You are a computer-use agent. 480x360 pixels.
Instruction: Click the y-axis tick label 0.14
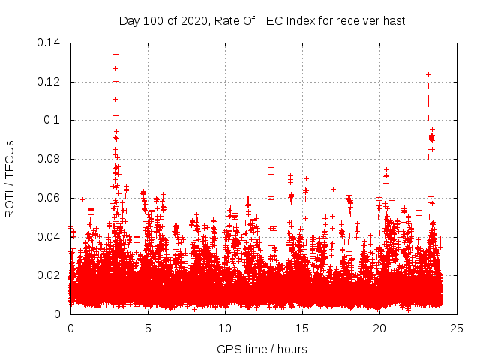49,43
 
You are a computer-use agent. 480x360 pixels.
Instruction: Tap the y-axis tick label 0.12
49,82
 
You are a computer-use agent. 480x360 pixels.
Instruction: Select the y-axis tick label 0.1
52,120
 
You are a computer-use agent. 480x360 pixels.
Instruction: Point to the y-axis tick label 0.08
49,159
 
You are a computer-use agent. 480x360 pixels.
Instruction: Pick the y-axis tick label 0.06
49,198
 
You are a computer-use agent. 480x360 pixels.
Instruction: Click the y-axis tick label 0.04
49,237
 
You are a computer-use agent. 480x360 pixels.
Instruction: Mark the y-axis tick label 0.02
49,275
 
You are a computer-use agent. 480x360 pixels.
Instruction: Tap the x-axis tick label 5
148,328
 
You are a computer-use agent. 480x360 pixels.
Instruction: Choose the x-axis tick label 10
225,328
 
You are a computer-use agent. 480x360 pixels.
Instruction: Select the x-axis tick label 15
302,328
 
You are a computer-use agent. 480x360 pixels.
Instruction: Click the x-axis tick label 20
379,328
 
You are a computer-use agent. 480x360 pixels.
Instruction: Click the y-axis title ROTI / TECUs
10,178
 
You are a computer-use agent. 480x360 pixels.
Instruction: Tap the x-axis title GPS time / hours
262,349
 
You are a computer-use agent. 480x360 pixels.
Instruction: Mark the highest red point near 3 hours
115,52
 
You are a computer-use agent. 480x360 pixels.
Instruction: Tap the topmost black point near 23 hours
428,74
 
